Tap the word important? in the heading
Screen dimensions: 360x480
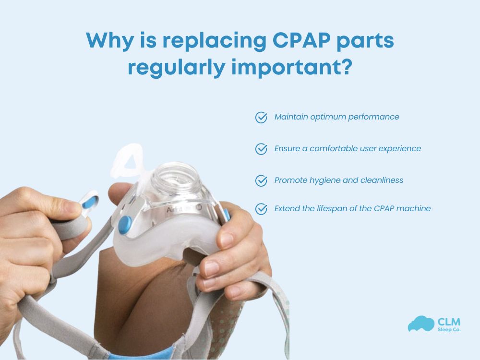[x=292, y=68]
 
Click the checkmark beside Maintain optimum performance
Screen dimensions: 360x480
[x=261, y=118]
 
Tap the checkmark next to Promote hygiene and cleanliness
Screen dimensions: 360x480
[x=261, y=181]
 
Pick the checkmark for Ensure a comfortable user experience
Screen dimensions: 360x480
[x=261, y=149]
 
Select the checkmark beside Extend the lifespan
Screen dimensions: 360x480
[x=261, y=209]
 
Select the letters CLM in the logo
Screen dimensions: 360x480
[x=449, y=321]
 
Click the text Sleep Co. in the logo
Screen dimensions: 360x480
[x=448, y=330]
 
